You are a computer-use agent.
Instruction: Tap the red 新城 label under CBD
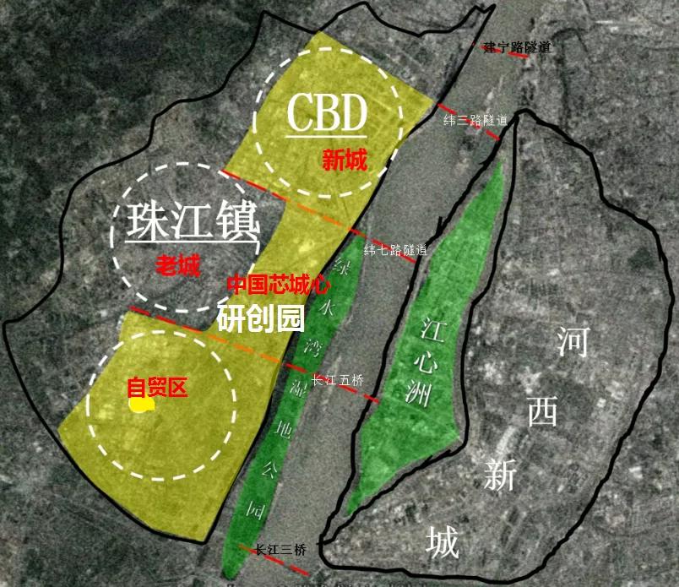pos(345,160)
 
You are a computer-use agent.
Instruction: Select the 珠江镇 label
pos(191,222)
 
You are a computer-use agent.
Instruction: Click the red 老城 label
pos(178,268)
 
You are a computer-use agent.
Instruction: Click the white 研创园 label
pos(260,318)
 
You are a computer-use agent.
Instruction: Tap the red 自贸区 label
pos(156,388)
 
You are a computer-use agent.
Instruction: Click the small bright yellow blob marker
pos(141,404)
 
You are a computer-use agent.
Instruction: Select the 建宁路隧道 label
pos(518,47)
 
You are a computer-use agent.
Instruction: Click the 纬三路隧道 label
pos(475,121)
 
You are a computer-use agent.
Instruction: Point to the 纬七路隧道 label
pos(395,250)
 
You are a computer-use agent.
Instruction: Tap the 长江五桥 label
pos(337,380)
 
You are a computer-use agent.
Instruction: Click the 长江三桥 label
pos(279,549)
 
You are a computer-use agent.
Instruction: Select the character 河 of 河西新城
pos(573,341)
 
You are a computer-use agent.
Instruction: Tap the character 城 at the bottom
pos(443,542)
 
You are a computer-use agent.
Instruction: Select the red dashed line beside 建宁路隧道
pos(495,49)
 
